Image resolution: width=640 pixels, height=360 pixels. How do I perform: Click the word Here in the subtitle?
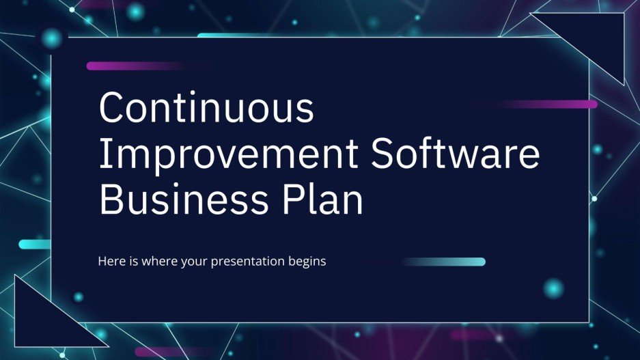coord(111,262)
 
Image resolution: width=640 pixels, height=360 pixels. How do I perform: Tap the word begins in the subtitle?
coord(308,262)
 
